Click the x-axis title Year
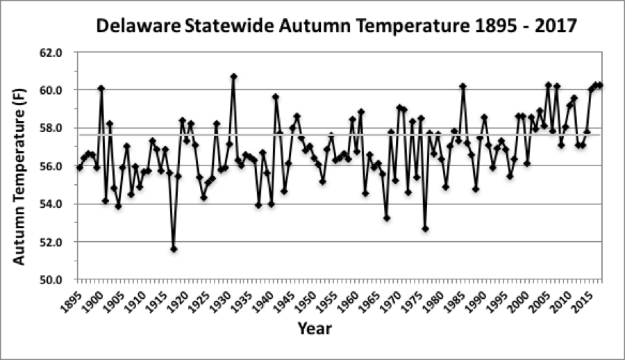click(x=315, y=328)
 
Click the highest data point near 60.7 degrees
click(x=233, y=76)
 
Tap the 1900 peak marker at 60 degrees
click(x=101, y=88)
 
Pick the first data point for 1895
click(x=80, y=167)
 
